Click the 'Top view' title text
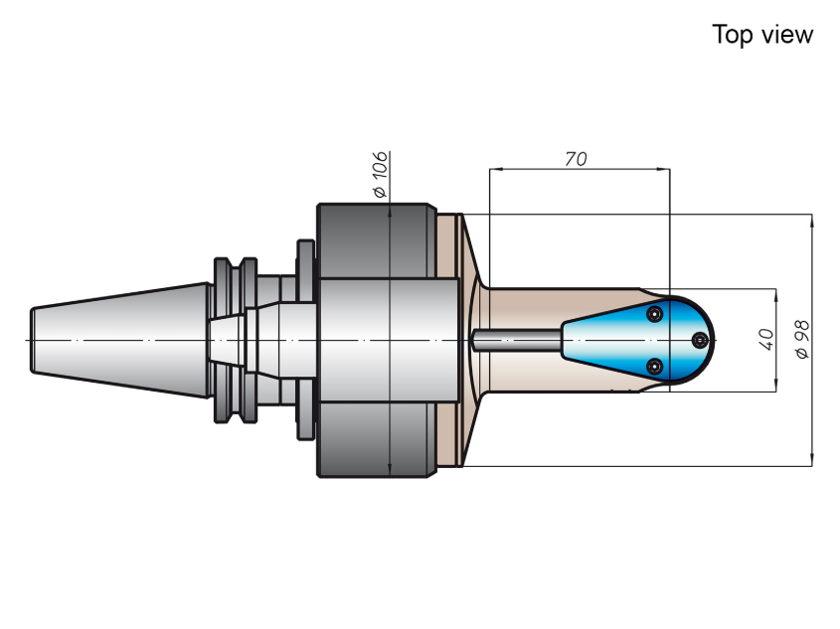pos(762,35)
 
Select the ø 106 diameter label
pos(380,175)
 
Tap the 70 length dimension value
pos(576,159)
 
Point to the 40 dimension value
pos(766,340)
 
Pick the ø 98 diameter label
pos(802,340)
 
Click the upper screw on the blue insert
pos(655,314)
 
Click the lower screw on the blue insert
pos(655,367)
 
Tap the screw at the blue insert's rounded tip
pos(700,340)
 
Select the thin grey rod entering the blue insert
pos(517,341)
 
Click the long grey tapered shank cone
pos(120,341)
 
